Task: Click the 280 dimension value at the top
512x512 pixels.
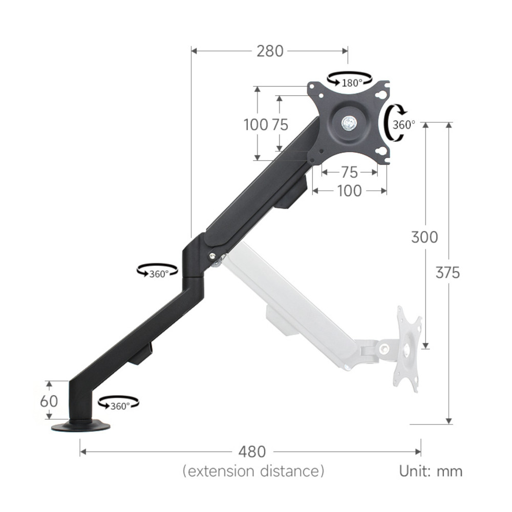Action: (270, 51)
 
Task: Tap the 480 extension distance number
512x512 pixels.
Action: (252, 452)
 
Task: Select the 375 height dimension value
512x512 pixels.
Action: (447, 272)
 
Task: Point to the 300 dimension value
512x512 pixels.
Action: (424, 237)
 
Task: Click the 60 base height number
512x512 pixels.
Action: (49, 401)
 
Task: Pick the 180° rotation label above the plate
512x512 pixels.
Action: (352, 83)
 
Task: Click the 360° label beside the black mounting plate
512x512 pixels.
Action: (403, 124)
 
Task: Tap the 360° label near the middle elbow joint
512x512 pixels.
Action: (159, 274)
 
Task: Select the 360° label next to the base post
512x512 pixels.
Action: (120, 406)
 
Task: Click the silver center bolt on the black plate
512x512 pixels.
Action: (349, 123)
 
